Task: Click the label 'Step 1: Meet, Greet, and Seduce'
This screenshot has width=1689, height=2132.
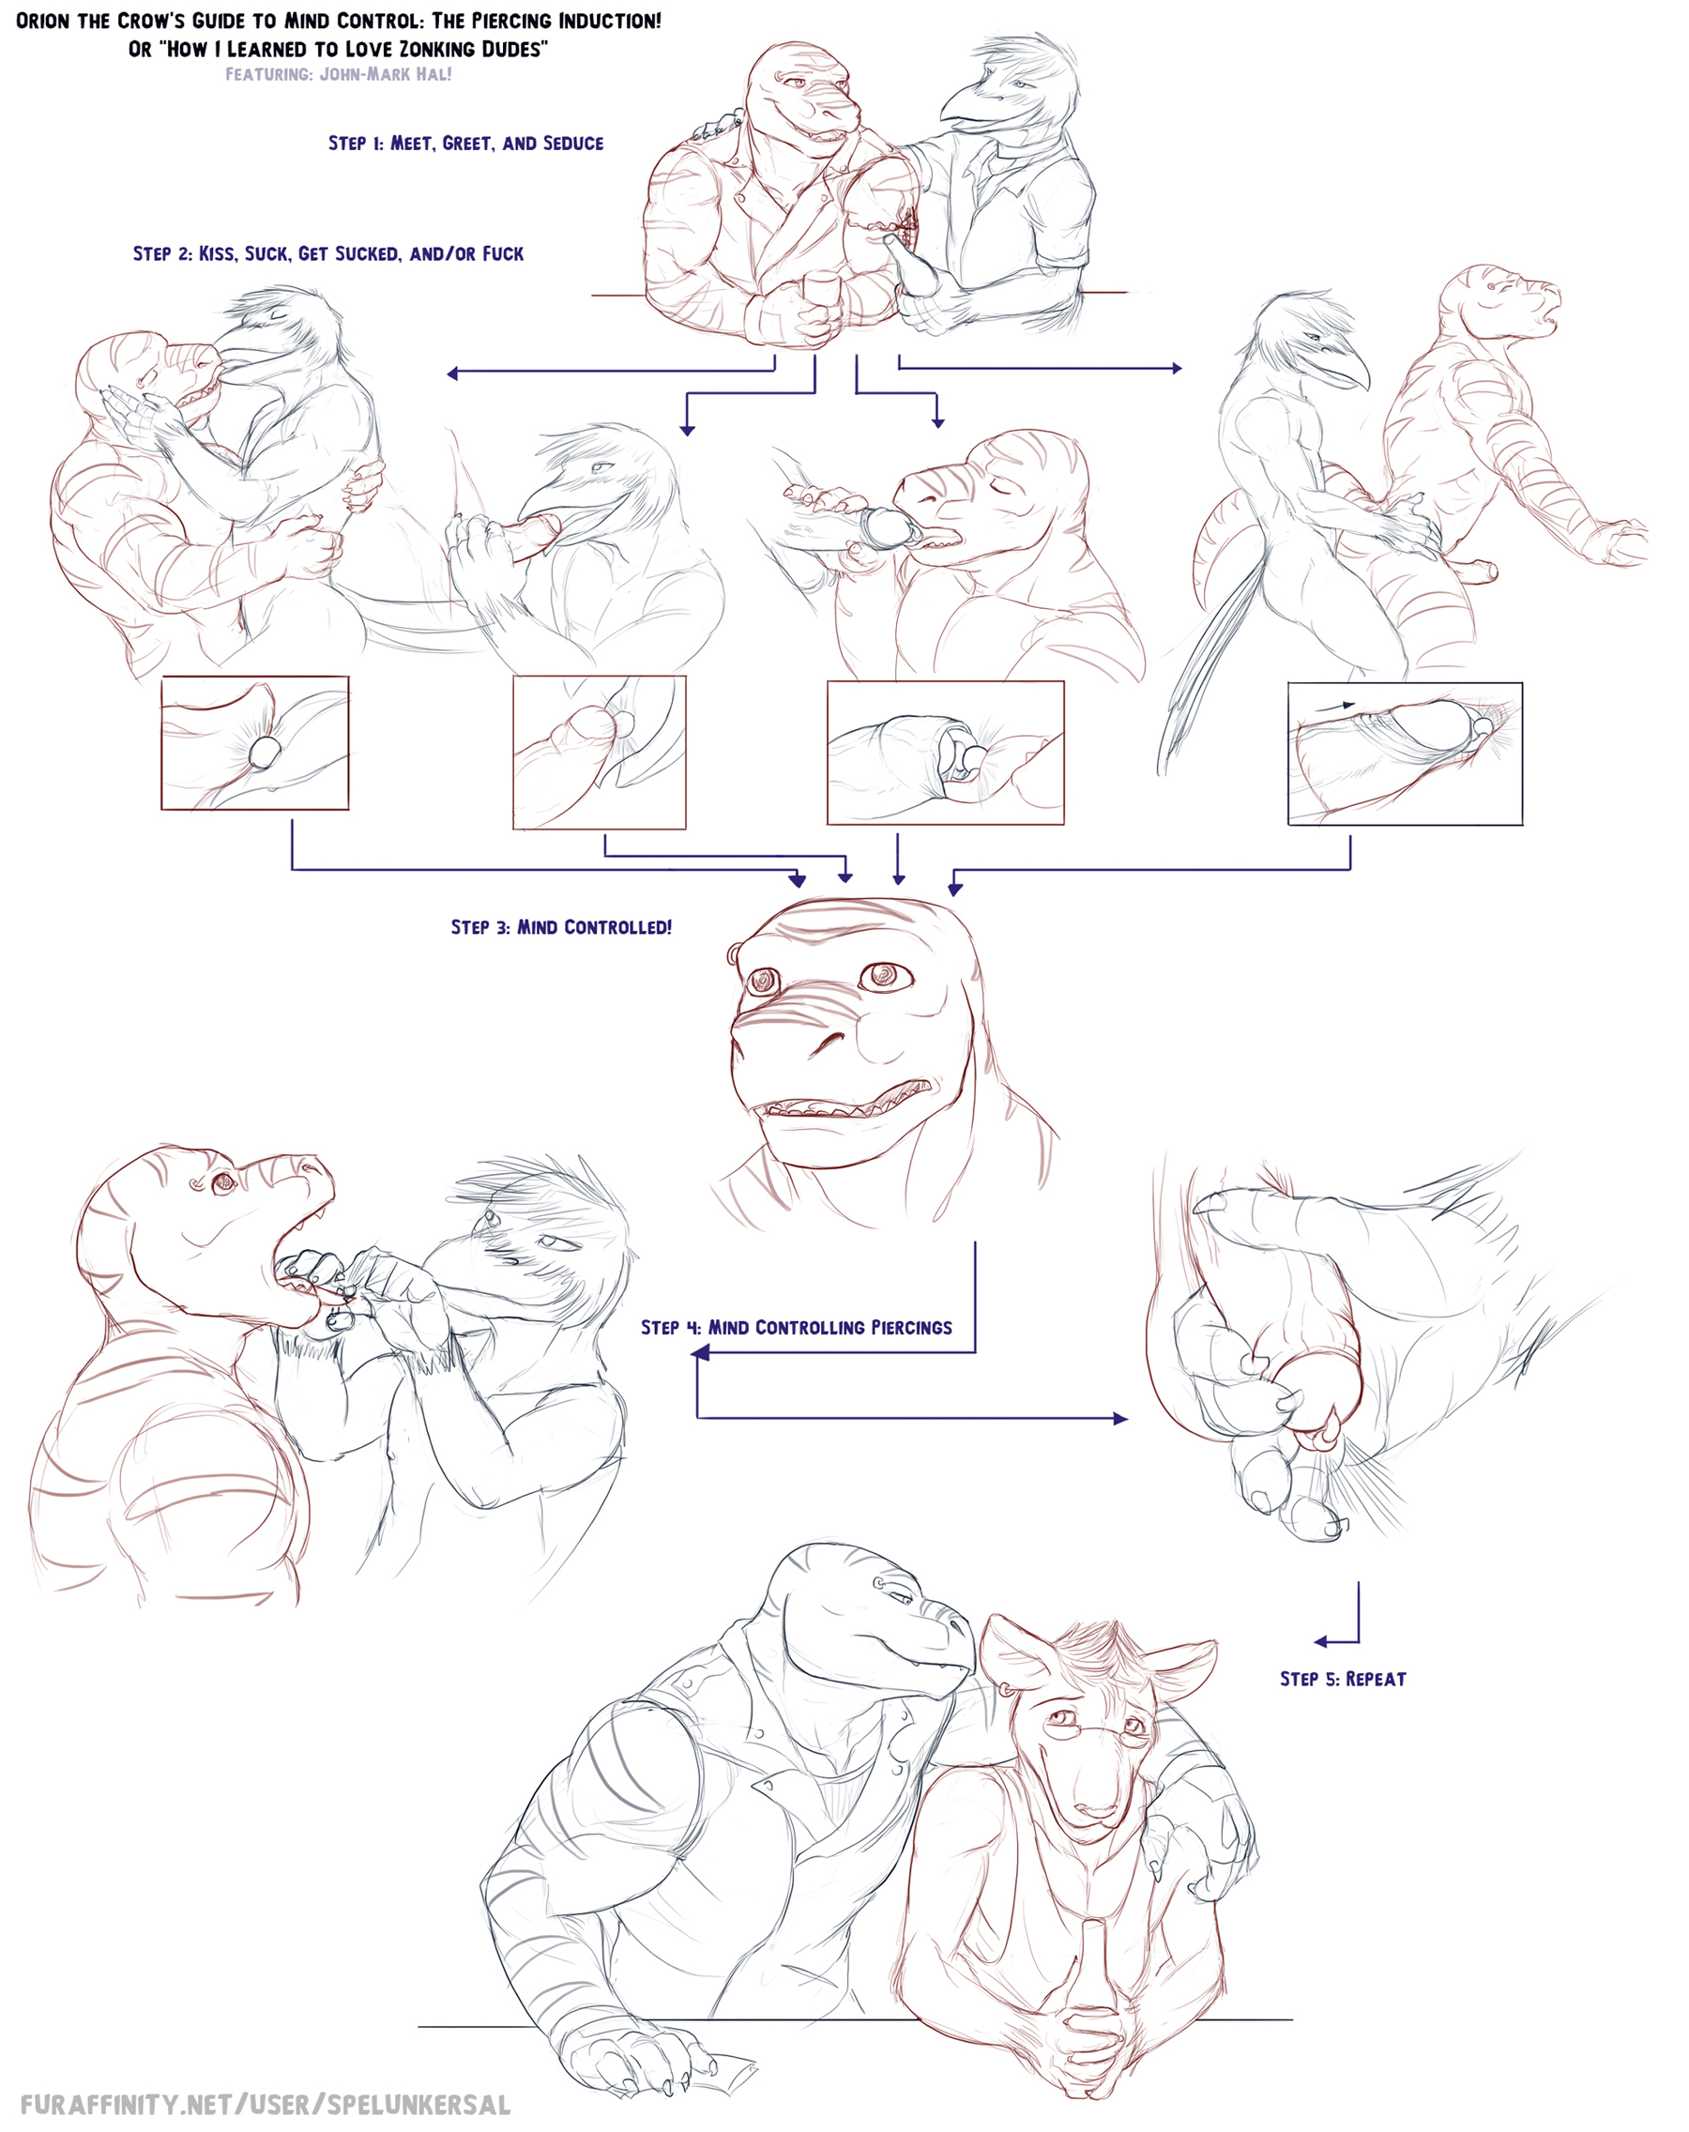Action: pos(465,144)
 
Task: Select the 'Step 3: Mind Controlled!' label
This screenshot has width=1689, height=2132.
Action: pos(561,927)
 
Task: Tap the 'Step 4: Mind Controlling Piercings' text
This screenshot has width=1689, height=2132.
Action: pos(796,1328)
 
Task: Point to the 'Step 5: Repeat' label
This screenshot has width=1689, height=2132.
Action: pos(1343,1679)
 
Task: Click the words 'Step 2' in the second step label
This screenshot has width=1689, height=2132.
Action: pos(165,254)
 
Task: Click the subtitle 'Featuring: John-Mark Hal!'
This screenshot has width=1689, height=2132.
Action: pos(338,74)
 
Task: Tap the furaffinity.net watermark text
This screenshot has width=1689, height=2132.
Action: pos(265,2104)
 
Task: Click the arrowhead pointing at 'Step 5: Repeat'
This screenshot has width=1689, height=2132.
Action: pos(1322,1642)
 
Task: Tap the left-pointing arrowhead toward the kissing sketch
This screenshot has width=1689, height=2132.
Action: pos(453,373)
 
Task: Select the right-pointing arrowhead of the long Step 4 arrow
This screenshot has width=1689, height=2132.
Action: pos(1120,1418)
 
